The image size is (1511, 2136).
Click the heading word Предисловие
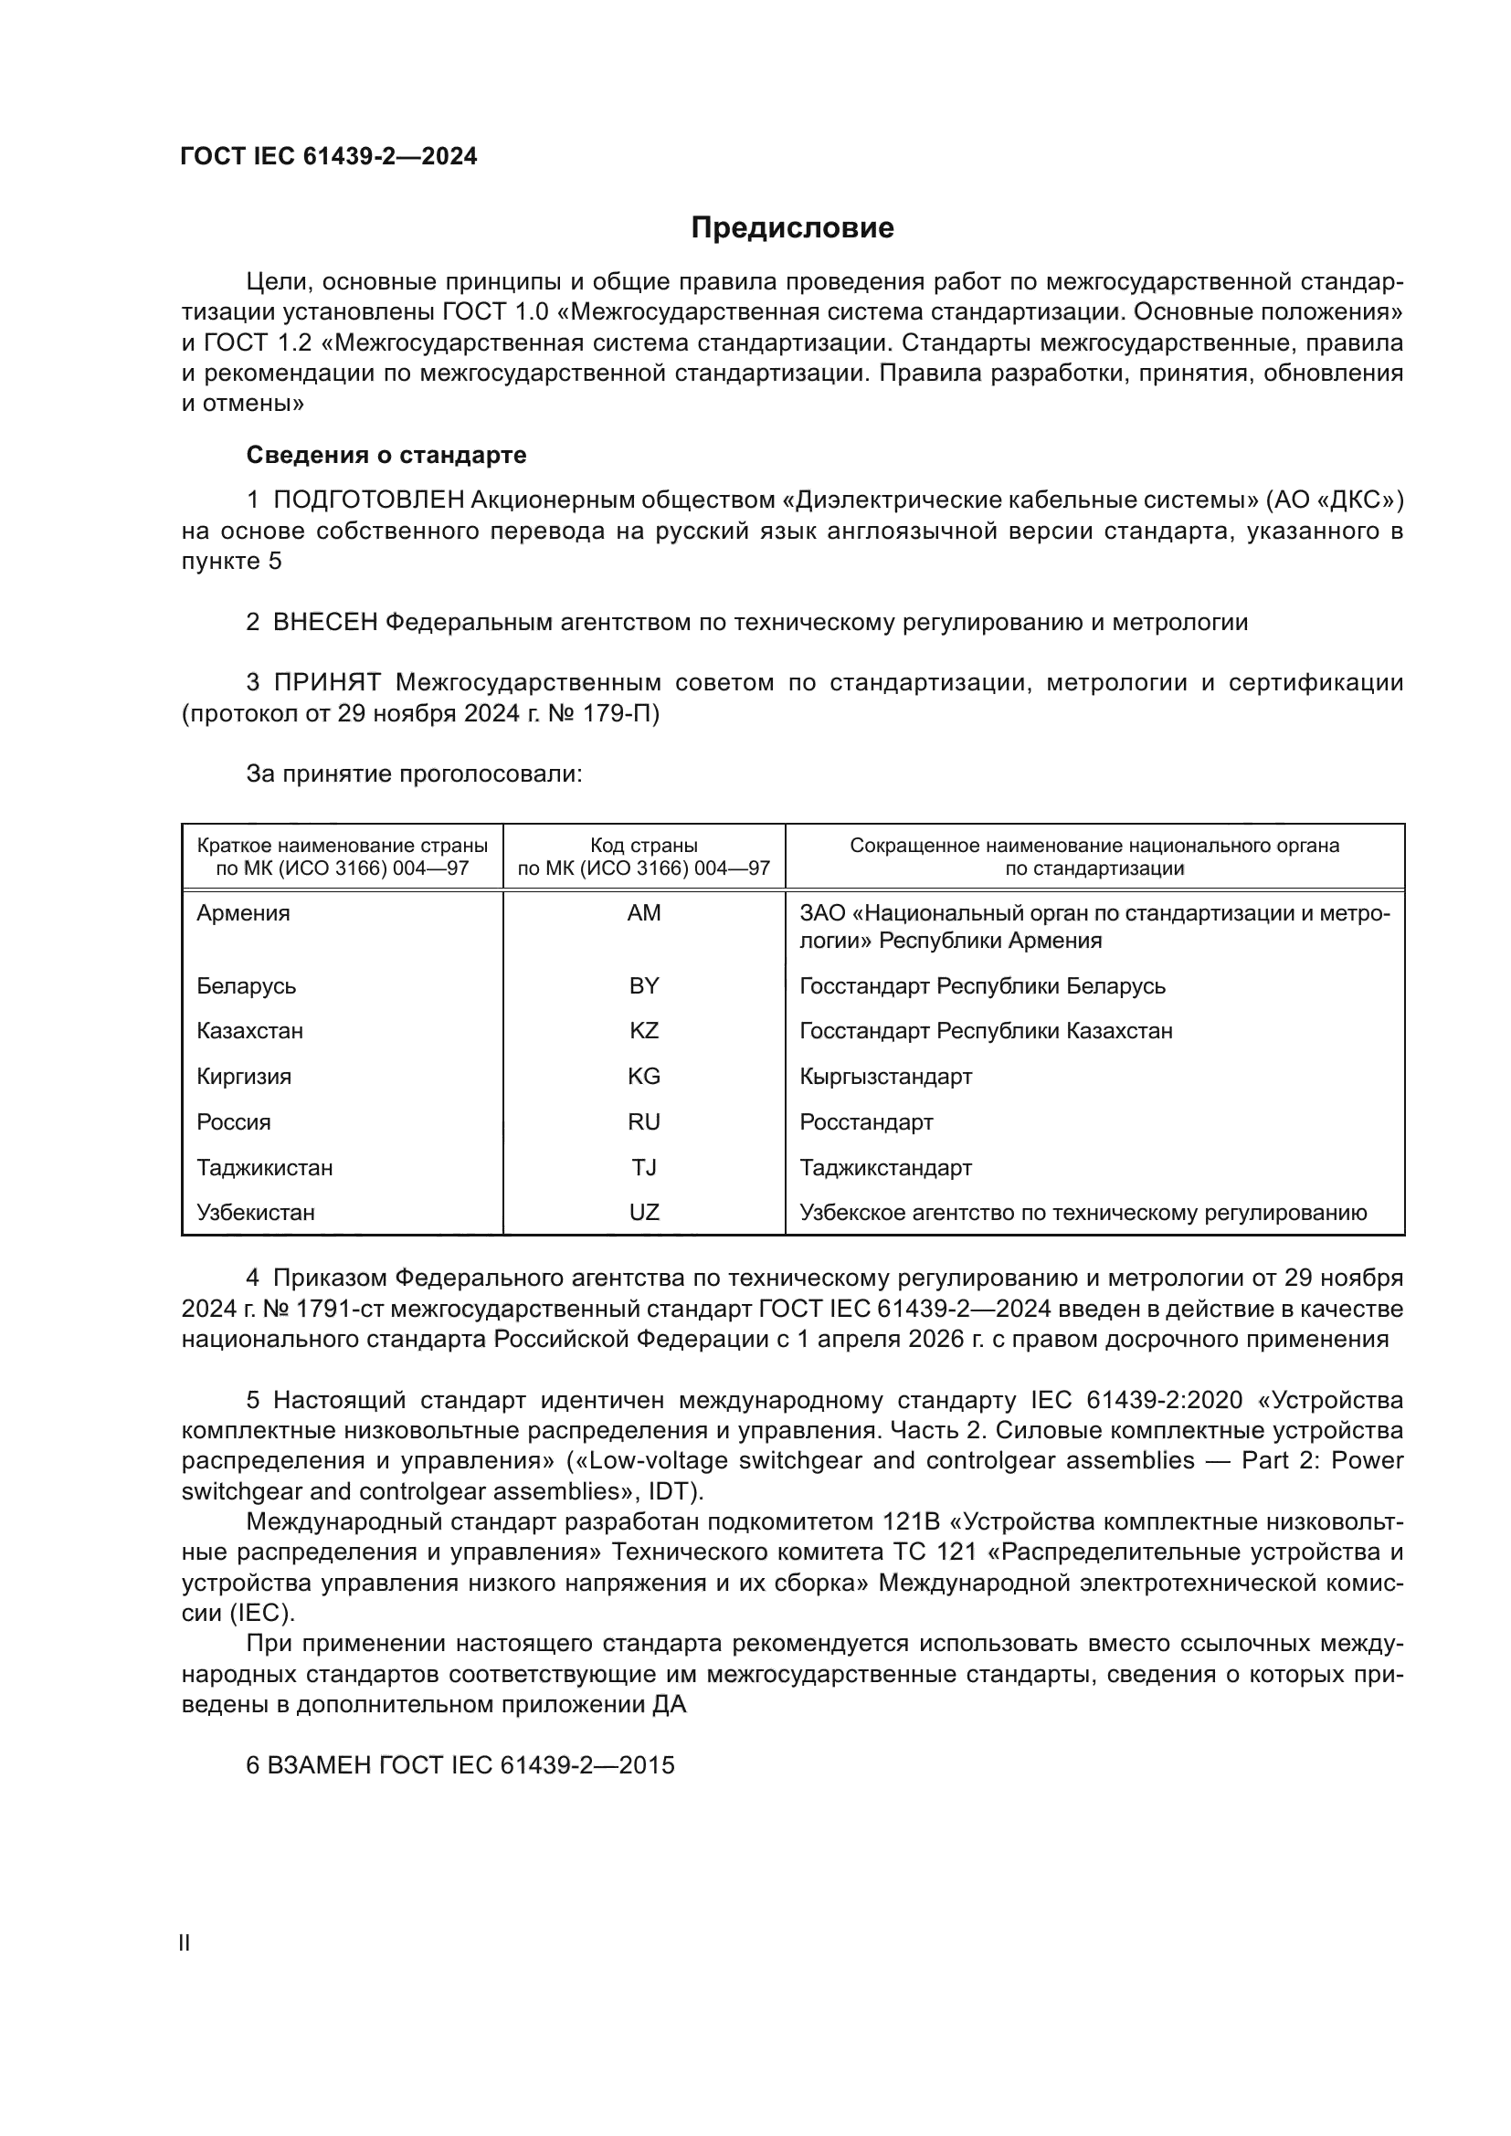(792, 228)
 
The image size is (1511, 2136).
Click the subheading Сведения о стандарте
(386, 455)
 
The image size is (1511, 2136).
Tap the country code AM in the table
(644, 912)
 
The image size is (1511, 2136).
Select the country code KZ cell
(644, 1031)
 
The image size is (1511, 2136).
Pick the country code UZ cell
(644, 1212)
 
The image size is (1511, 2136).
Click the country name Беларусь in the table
(247, 985)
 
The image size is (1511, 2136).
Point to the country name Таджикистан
(264, 1168)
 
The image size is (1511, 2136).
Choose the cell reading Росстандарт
(866, 1122)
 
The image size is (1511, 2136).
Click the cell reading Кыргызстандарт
(886, 1077)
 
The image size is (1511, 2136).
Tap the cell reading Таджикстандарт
(886, 1168)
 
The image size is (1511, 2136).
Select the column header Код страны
(644, 846)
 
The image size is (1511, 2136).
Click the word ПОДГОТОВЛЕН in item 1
(368, 500)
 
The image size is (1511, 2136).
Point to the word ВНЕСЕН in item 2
(325, 623)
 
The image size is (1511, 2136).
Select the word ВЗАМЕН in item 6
(319, 1766)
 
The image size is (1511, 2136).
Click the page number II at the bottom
(185, 1943)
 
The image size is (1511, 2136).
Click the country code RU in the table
(644, 1122)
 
